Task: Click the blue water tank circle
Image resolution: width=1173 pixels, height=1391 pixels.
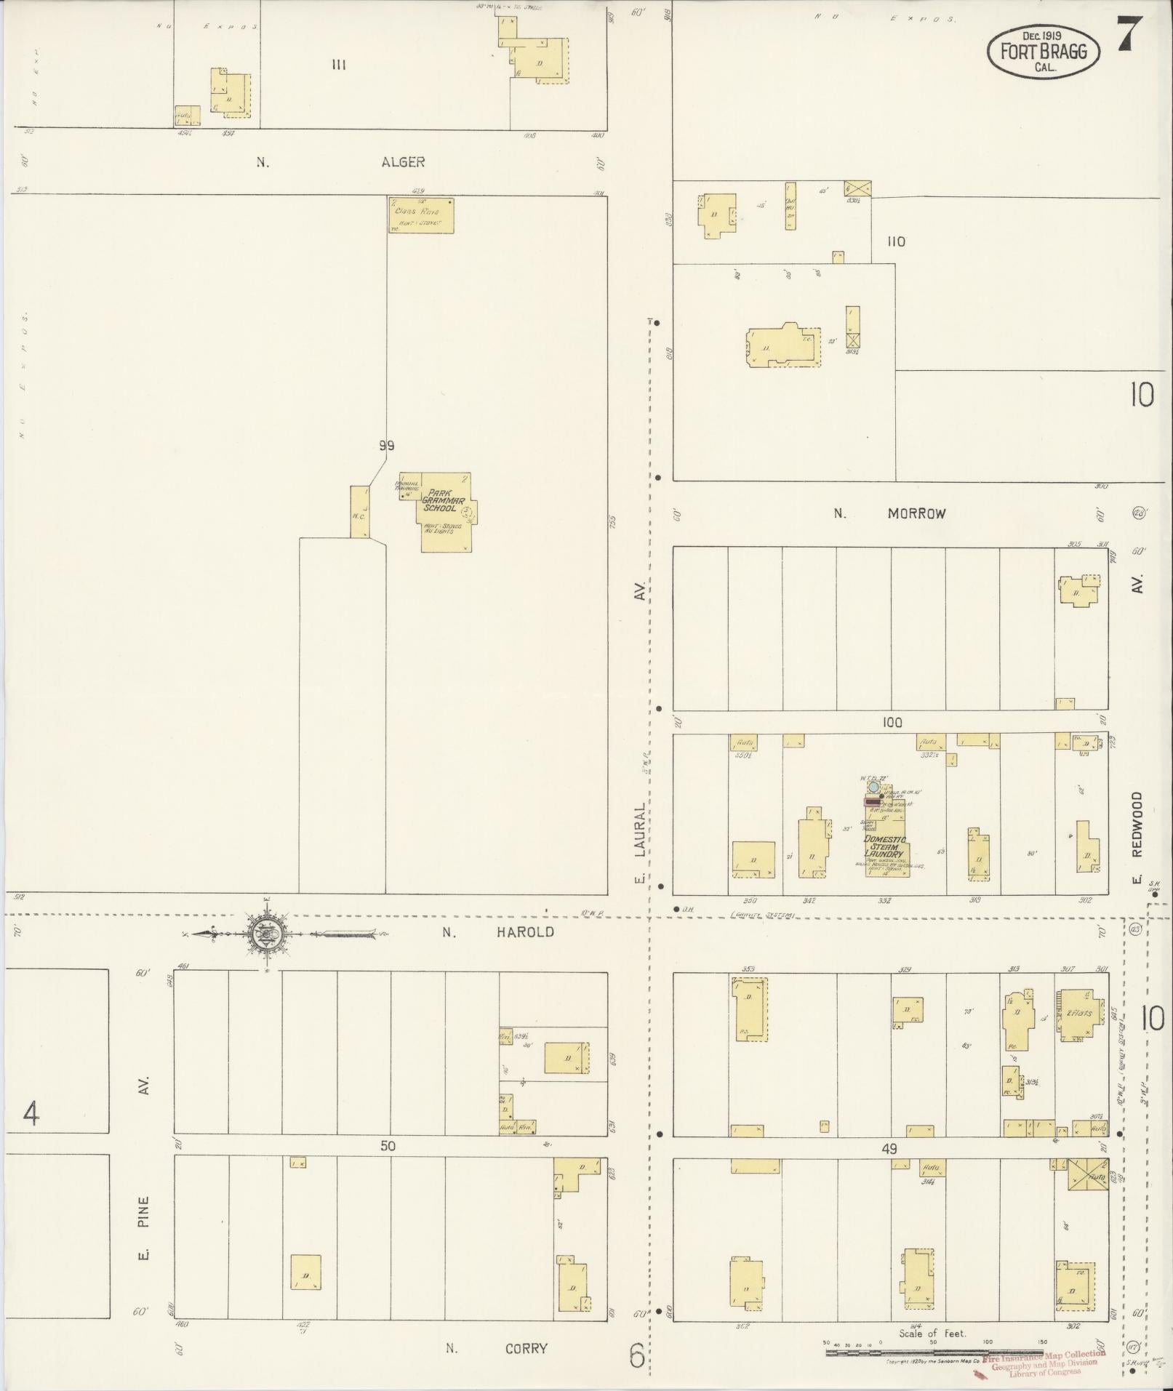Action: tap(873, 787)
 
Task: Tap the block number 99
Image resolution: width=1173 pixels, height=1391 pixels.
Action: tap(386, 446)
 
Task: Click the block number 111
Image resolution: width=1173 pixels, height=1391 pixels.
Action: tap(338, 65)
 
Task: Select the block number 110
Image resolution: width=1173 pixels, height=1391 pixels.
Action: tap(896, 241)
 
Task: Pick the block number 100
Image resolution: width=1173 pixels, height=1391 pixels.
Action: tap(892, 722)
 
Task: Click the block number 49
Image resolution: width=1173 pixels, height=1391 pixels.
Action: tap(889, 1149)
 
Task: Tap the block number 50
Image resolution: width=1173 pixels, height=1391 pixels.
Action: tap(388, 1146)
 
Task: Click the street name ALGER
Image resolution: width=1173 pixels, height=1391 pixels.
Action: tap(403, 162)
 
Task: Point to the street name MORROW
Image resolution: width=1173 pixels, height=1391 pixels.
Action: tap(916, 513)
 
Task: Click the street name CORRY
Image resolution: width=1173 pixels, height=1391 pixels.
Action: tap(526, 1349)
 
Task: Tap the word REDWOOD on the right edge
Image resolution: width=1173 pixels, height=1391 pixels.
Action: tap(1137, 824)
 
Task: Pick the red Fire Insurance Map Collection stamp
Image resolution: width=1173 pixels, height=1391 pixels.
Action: tap(1044, 1361)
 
